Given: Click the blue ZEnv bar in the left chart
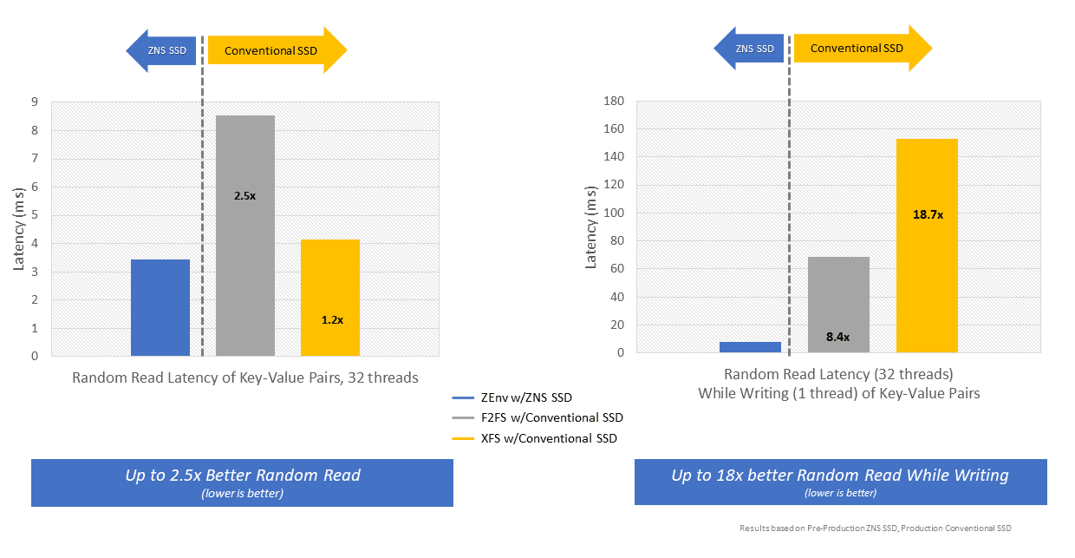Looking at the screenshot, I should click(x=160, y=307).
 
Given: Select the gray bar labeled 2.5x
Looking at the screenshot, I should click(x=245, y=235).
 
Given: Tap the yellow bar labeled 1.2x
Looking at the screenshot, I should click(x=330, y=297).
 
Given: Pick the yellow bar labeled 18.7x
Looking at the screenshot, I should click(x=927, y=246).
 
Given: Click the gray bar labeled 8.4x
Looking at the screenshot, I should click(x=838, y=305).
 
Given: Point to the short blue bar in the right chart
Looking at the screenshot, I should click(x=750, y=347).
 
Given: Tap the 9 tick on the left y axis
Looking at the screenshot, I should click(x=35, y=102).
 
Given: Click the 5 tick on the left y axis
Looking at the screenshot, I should click(x=35, y=215).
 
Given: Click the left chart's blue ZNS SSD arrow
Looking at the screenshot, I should click(x=161, y=50).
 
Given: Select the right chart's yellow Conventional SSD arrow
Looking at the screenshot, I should click(x=863, y=49).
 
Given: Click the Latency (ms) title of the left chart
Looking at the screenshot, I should click(x=19, y=229).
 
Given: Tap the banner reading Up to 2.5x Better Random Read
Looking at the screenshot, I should click(x=242, y=482).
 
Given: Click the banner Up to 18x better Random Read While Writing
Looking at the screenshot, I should click(x=840, y=482).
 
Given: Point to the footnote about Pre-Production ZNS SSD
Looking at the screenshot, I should click(x=875, y=528).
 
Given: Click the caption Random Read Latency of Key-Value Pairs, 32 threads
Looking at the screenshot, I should click(x=245, y=377).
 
